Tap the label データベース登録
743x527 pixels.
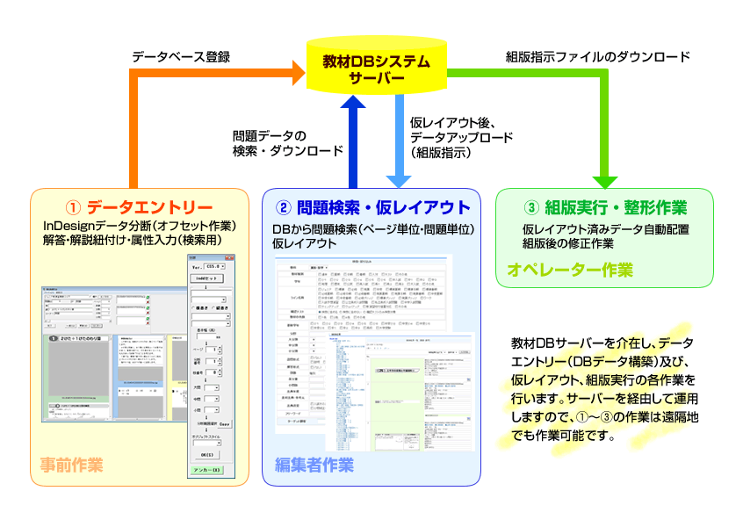click(181, 57)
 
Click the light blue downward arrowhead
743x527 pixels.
click(396, 177)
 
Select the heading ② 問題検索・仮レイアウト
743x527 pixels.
click(372, 208)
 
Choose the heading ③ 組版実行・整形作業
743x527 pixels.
click(604, 208)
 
